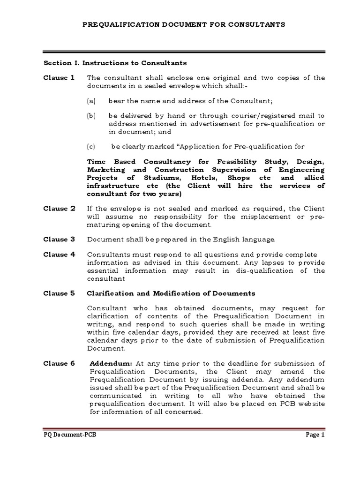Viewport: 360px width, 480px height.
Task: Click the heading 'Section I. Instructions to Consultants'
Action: tap(115, 63)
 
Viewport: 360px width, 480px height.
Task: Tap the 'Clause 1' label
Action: tap(59, 78)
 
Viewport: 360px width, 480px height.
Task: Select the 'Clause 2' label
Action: tap(59, 209)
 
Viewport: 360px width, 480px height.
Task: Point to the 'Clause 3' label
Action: tap(59, 240)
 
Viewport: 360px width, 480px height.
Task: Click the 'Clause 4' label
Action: tap(59, 255)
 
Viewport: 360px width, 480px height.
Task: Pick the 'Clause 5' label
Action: tap(59, 293)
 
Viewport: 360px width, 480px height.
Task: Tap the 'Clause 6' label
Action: tap(59, 363)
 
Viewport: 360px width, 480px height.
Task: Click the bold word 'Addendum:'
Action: tap(111, 363)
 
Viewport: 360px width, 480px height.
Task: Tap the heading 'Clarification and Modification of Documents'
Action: tap(171, 293)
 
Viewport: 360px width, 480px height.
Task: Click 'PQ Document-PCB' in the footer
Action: tap(70, 435)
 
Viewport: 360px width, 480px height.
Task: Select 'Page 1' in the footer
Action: tap(315, 435)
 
